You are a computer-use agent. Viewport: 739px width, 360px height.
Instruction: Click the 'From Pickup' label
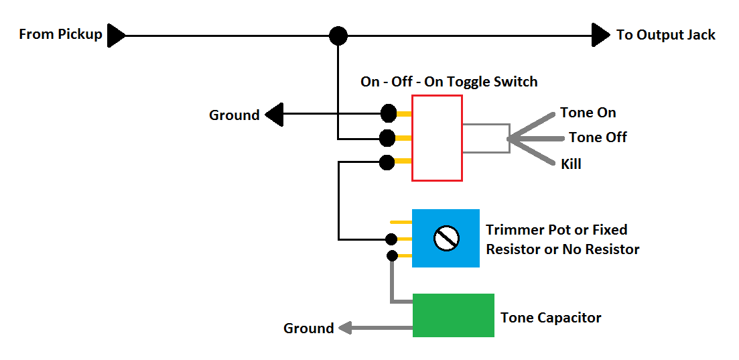(x=61, y=34)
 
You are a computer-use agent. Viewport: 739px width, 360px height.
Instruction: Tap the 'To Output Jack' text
(x=666, y=35)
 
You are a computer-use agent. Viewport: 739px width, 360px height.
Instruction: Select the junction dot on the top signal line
(x=338, y=36)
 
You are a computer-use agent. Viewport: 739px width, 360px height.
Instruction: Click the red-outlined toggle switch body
(x=437, y=138)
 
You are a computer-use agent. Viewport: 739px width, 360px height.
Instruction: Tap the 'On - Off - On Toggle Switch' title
(x=449, y=82)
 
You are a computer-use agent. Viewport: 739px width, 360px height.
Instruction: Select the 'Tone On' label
(x=588, y=113)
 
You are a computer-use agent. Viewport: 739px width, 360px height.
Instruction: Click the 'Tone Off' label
(x=598, y=137)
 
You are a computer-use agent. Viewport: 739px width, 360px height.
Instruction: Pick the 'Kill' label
(x=571, y=164)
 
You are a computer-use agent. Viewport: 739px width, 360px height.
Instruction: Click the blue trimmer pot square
(x=446, y=238)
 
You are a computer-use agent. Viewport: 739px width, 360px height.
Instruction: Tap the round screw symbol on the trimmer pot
(x=446, y=238)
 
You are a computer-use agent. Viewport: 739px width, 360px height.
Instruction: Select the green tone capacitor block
(x=454, y=315)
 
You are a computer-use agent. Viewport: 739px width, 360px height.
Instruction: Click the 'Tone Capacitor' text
(x=551, y=318)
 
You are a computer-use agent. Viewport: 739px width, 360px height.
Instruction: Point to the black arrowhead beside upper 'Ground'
(x=274, y=114)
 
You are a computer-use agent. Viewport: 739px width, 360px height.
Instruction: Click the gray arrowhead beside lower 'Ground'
(x=345, y=327)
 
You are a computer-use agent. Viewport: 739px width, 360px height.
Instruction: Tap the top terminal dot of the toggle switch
(x=389, y=113)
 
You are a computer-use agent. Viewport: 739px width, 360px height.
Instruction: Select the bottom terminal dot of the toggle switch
(x=387, y=163)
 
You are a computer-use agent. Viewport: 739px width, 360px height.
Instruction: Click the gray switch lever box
(x=486, y=138)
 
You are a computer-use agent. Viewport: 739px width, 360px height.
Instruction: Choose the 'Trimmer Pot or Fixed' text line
(x=557, y=230)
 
